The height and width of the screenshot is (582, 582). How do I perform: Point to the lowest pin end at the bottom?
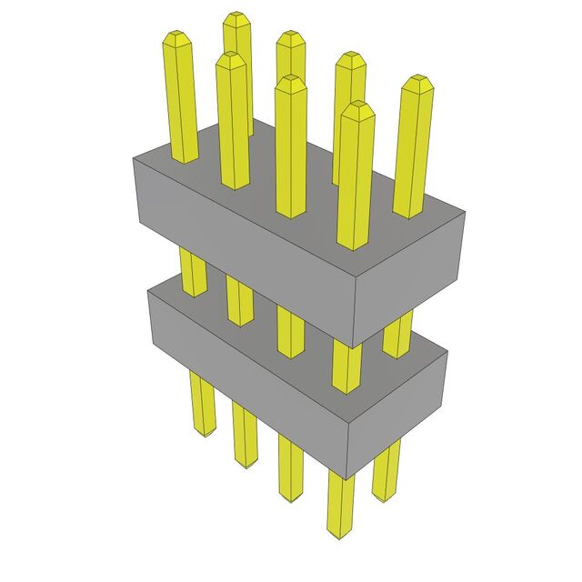coord(340,535)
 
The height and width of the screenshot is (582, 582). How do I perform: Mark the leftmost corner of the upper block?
coord(133,159)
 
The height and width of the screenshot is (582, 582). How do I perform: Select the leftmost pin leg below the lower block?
coord(201,405)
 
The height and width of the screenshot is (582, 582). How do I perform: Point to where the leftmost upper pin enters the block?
coord(185,160)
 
